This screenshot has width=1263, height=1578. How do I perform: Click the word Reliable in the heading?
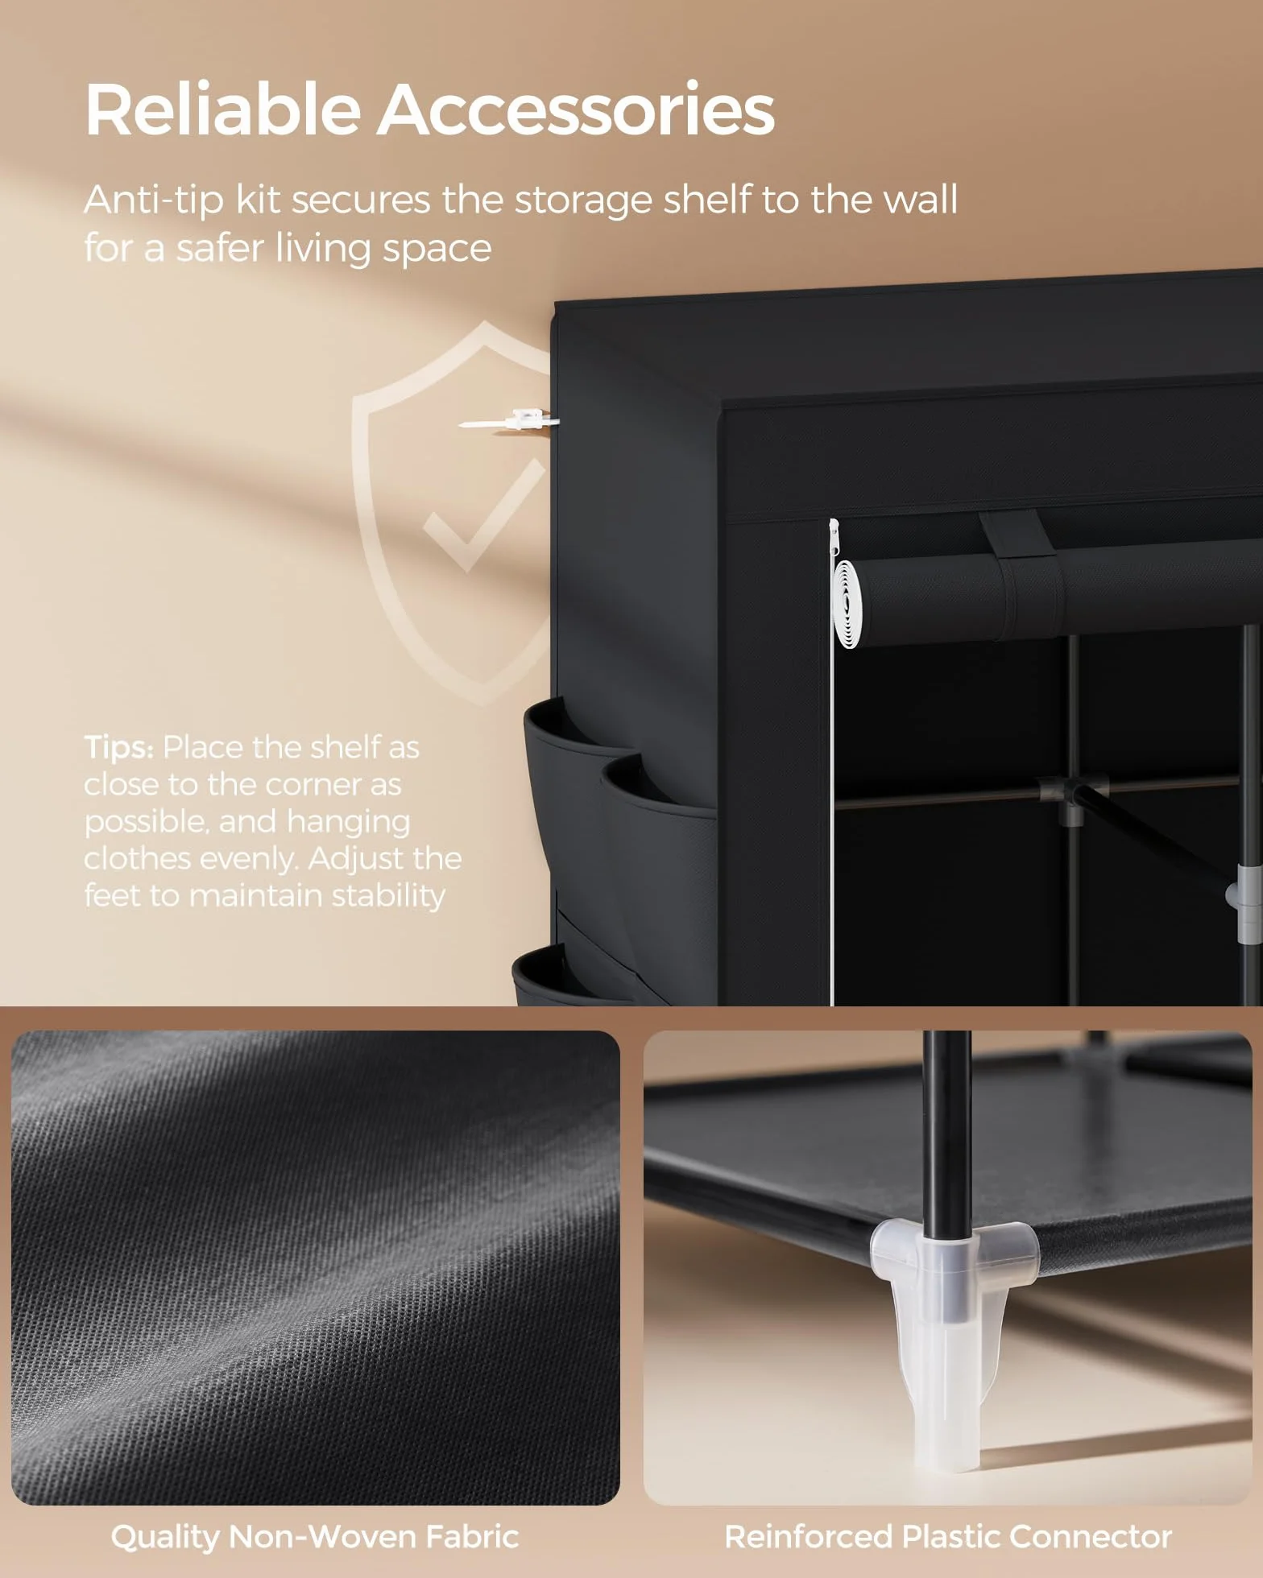pos(222,109)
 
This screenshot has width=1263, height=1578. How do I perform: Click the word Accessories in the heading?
pos(576,109)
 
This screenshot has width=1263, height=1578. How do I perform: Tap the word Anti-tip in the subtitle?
pos(154,201)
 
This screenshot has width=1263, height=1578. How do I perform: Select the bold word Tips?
pos(118,749)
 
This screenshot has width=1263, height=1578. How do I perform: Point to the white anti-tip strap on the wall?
pos(507,419)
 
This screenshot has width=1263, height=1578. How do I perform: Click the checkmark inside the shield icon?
pos(484,515)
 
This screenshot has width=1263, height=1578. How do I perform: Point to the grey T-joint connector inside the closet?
pos(1071,797)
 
